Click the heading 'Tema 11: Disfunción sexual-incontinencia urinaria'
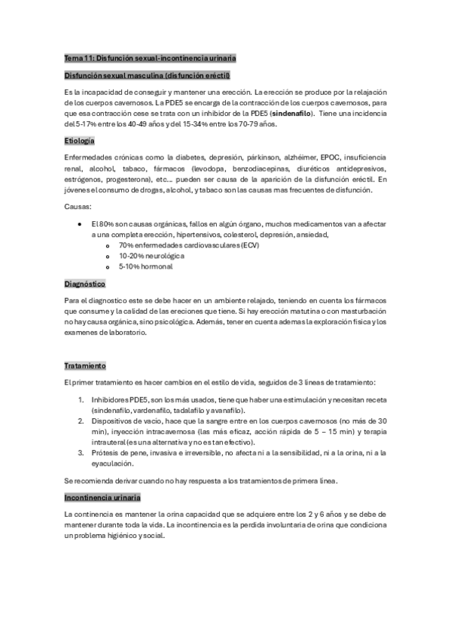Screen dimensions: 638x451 151,58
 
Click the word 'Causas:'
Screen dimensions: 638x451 78,205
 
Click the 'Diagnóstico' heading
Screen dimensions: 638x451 85,284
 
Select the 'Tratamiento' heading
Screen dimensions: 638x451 85,366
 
